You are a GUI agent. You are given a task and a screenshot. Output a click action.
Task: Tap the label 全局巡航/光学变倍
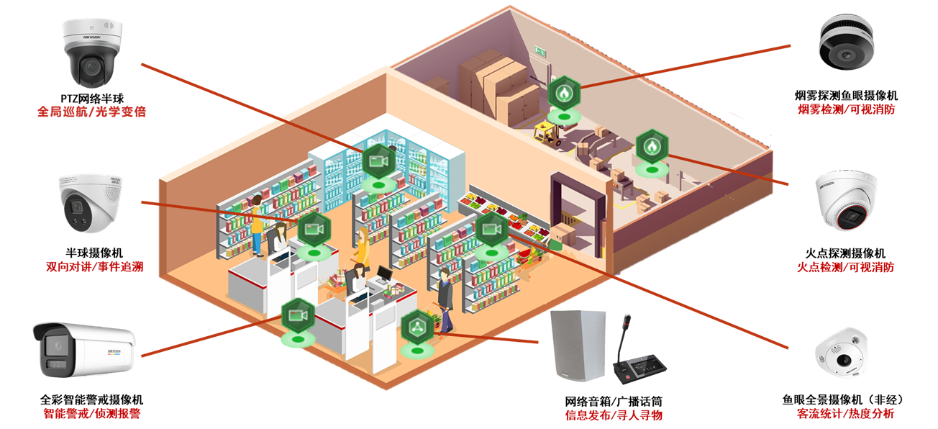click(91, 112)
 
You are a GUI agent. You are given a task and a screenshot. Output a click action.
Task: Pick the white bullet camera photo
click(84, 351)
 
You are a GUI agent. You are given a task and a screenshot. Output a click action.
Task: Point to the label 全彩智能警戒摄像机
click(91, 399)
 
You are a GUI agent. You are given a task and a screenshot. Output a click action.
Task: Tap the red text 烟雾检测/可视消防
click(847, 109)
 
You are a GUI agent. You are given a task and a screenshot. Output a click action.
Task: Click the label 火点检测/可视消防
click(845, 267)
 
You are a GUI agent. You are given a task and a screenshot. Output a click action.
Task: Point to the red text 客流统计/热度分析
click(845, 414)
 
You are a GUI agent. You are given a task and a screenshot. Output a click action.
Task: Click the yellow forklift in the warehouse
click(549, 132)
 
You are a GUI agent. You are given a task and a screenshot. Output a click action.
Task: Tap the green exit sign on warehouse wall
click(539, 50)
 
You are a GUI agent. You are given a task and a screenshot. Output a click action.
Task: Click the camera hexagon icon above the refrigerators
click(378, 161)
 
